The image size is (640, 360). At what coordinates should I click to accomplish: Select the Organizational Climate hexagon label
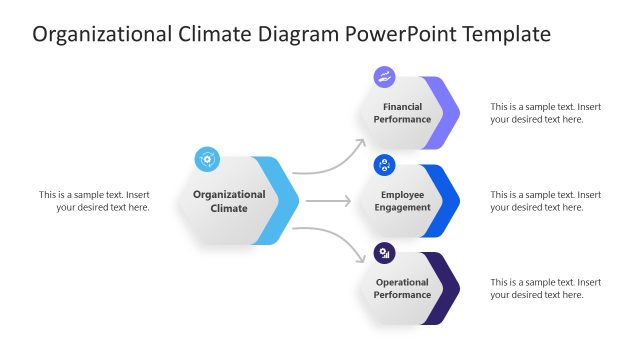tap(229, 201)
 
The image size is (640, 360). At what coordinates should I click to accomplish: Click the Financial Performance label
tap(402, 113)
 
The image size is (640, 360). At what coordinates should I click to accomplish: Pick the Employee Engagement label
tap(402, 201)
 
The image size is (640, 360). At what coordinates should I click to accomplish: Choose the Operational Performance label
tap(402, 289)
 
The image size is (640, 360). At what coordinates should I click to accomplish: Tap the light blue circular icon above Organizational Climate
tap(207, 158)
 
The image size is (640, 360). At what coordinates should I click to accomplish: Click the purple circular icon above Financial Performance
tap(385, 77)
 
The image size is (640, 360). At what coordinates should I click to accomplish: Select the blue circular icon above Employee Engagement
tap(385, 165)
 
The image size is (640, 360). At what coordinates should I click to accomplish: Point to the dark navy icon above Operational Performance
tap(385, 253)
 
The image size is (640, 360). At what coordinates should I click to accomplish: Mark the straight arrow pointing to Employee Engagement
tap(328, 201)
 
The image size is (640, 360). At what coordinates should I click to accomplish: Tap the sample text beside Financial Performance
tap(545, 113)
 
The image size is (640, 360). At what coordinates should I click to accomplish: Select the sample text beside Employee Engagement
tap(545, 201)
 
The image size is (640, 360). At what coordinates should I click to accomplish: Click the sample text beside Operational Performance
tap(545, 289)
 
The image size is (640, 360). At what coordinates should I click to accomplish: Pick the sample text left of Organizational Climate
tap(95, 201)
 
